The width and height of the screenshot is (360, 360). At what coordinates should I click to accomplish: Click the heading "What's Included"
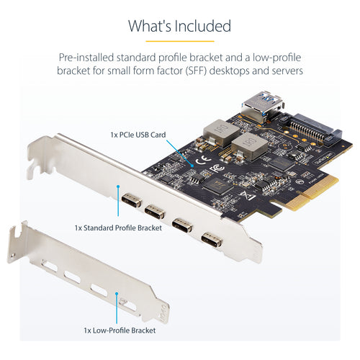179,26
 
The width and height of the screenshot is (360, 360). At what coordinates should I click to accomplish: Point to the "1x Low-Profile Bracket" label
118,330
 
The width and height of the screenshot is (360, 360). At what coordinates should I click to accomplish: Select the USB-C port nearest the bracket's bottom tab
211,239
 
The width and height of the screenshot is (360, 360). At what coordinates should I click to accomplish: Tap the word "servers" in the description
284,71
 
